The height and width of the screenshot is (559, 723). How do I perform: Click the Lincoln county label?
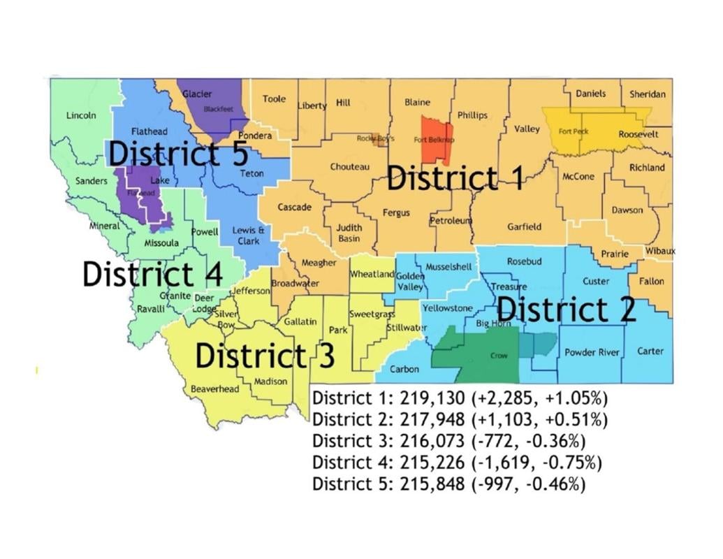click(81, 115)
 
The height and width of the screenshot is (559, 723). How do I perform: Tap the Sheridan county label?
click(648, 94)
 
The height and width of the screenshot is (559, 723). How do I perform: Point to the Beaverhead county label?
click(214, 389)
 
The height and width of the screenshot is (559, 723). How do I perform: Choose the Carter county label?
click(650, 351)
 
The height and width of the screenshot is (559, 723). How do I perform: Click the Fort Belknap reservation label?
click(434, 140)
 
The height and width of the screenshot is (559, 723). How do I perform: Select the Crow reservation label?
click(499, 356)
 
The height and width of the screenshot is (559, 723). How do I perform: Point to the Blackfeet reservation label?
click(217, 109)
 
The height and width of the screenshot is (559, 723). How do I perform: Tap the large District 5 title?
click(178, 153)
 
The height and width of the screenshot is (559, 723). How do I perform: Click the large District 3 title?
click(265, 355)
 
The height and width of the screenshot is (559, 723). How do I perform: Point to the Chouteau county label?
click(350, 167)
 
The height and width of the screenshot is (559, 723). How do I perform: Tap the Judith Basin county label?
click(349, 233)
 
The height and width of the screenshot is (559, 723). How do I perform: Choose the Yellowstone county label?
click(448, 308)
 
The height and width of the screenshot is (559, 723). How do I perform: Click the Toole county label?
click(275, 99)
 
